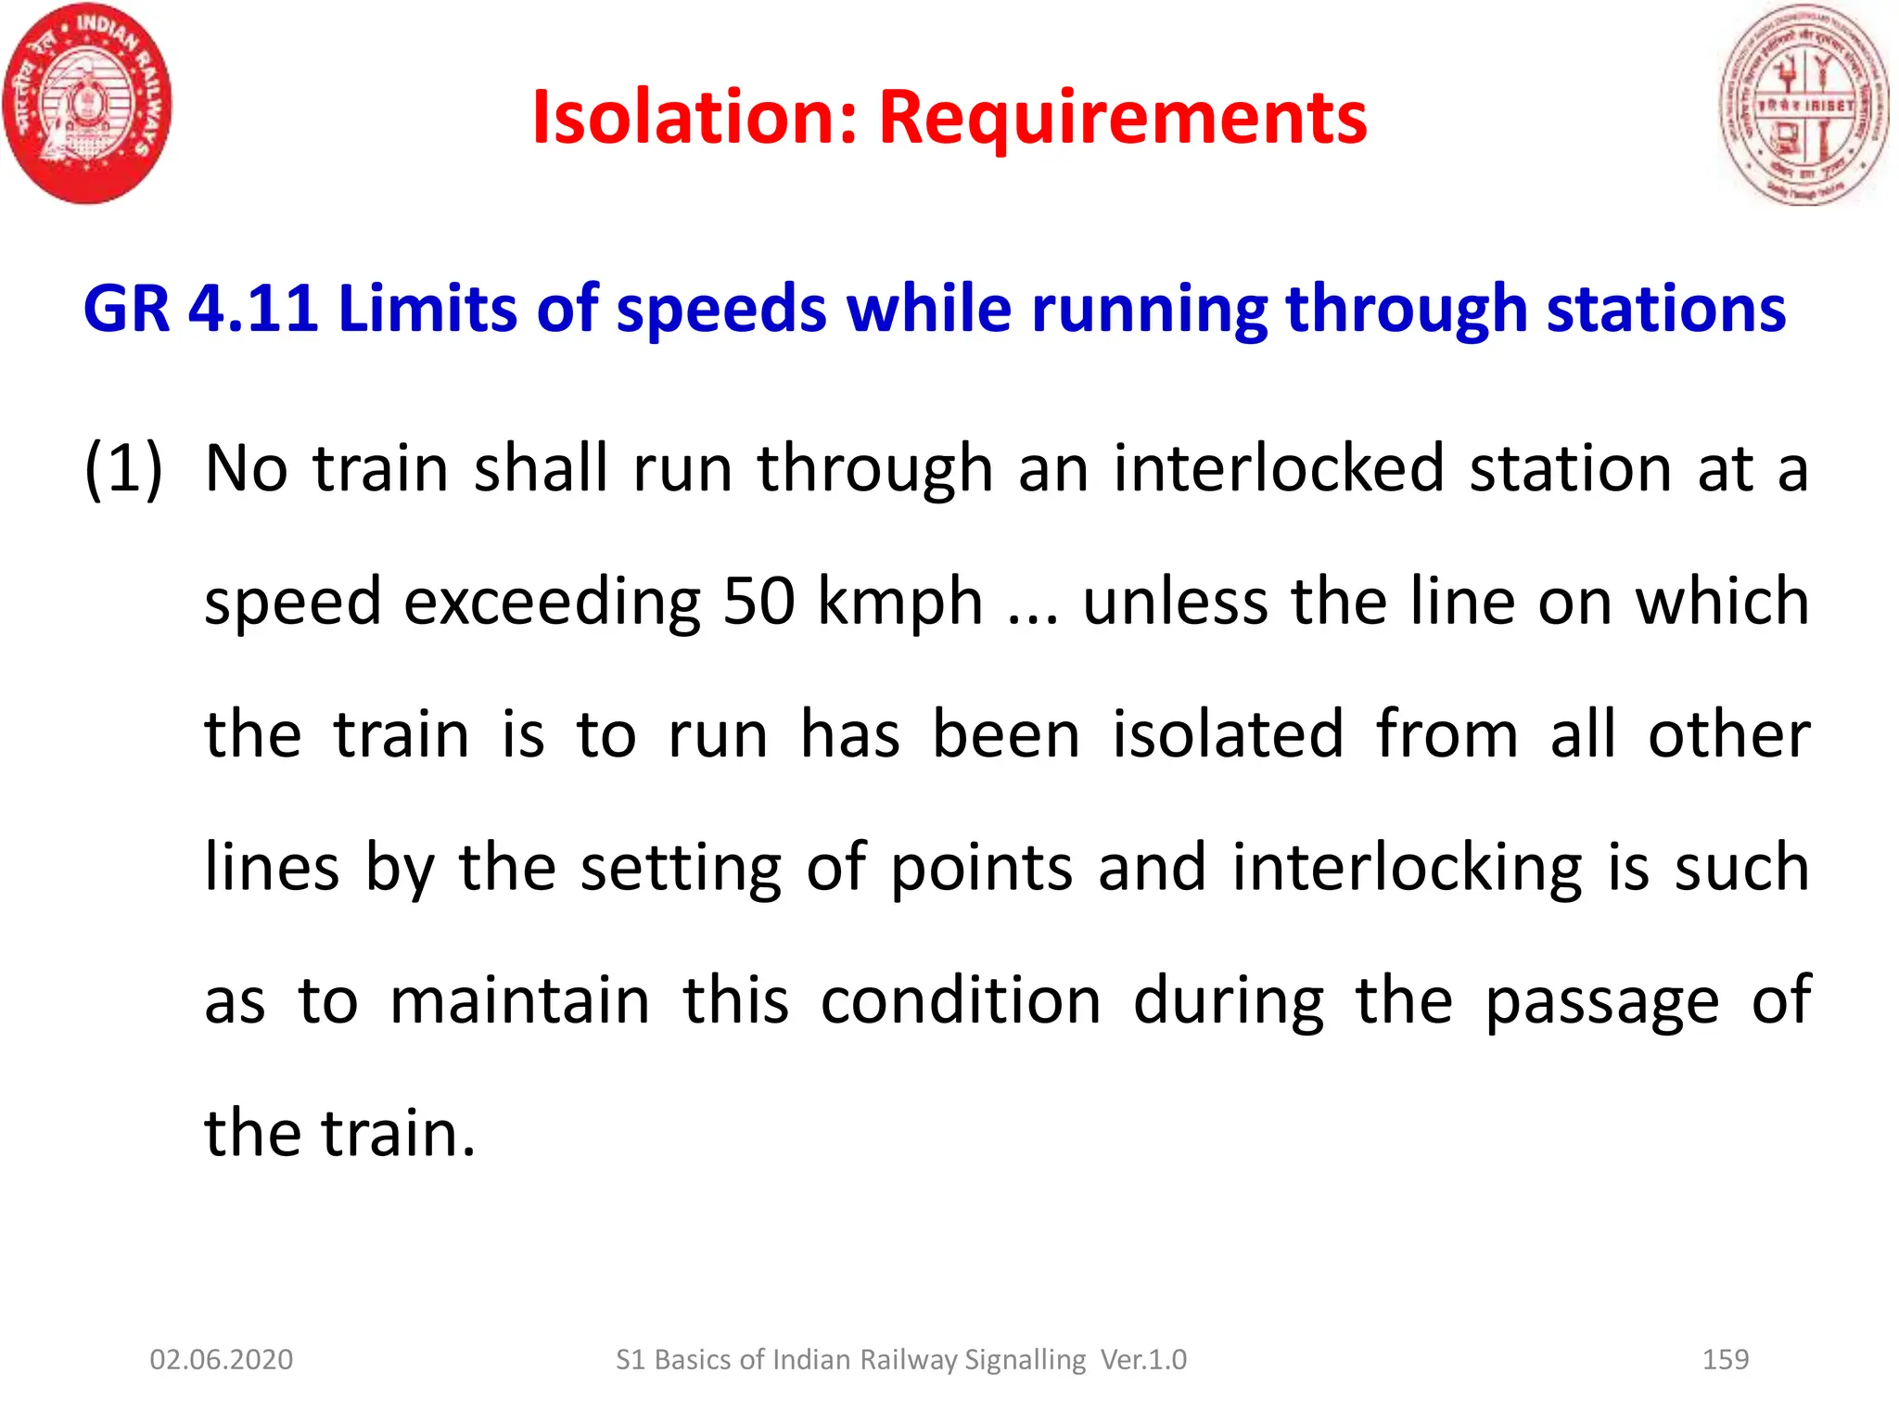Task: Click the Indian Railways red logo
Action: click(86, 103)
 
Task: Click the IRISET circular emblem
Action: click(1803, 105)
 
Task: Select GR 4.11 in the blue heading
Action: click(200, 308)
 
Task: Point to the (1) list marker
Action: click(123, 468)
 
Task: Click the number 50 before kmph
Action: click(758, 602)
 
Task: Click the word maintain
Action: click(519, 1001)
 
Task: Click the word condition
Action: click(961, 1001)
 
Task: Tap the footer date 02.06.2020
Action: click(222, 1359)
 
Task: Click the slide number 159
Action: click(1726, 1359)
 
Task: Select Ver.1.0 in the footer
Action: click(1143, 1359)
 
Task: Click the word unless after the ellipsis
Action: click(1175, 602)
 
